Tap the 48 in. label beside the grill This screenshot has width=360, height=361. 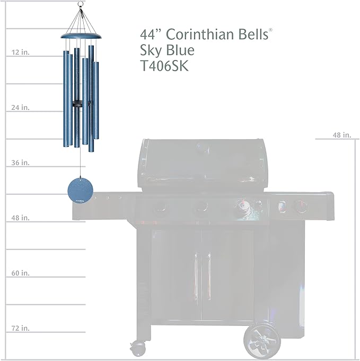click(x=342, y=135)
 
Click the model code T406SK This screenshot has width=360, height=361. click(x=164, y=66)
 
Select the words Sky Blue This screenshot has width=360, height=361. click(x=168, y=50)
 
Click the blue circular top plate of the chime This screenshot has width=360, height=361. click(x=80, y=36)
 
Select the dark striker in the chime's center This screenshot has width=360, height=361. click(x=80, y=104)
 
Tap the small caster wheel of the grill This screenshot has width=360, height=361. click(x=139, y=348)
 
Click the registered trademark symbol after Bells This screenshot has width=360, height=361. click(x=271, y=30)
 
